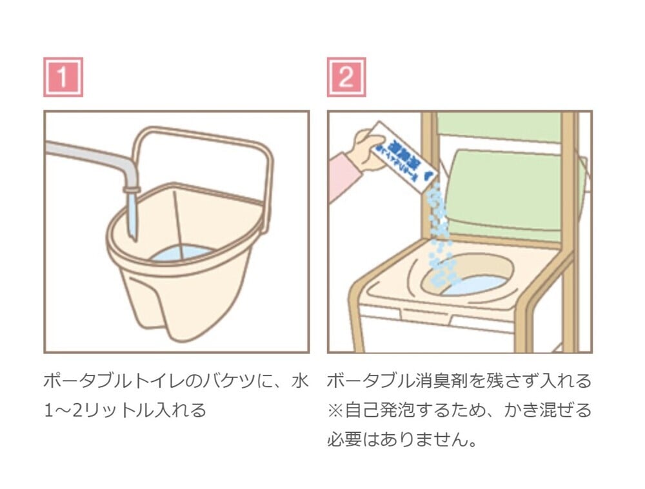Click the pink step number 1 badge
[63, 77]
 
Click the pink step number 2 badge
[346, 77]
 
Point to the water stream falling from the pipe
[132, 216]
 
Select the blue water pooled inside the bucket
[181, 254]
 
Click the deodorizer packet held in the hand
[404, 155]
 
